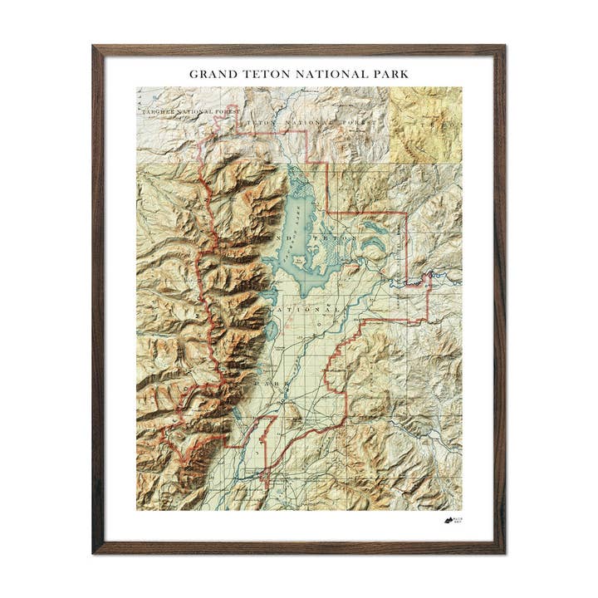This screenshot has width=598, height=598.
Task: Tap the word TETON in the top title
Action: point(264,74)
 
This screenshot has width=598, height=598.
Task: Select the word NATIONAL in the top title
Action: point(328,74)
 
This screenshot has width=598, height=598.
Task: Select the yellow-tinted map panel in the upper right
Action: point(424,124)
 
